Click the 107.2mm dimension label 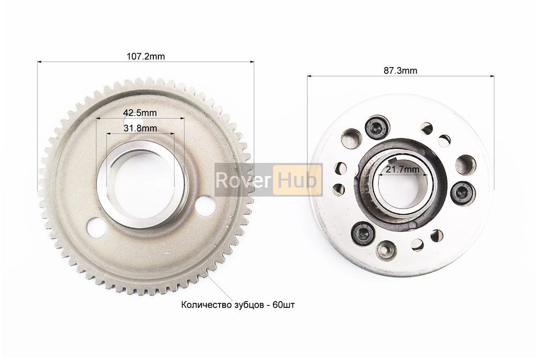click(145, 56)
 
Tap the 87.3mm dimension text click(400, 71)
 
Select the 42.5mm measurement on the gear click(140, 112)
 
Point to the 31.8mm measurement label click(140, 128)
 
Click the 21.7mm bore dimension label click(403, 169)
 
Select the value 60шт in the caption click(284, 305)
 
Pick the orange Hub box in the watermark click(297, 180)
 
